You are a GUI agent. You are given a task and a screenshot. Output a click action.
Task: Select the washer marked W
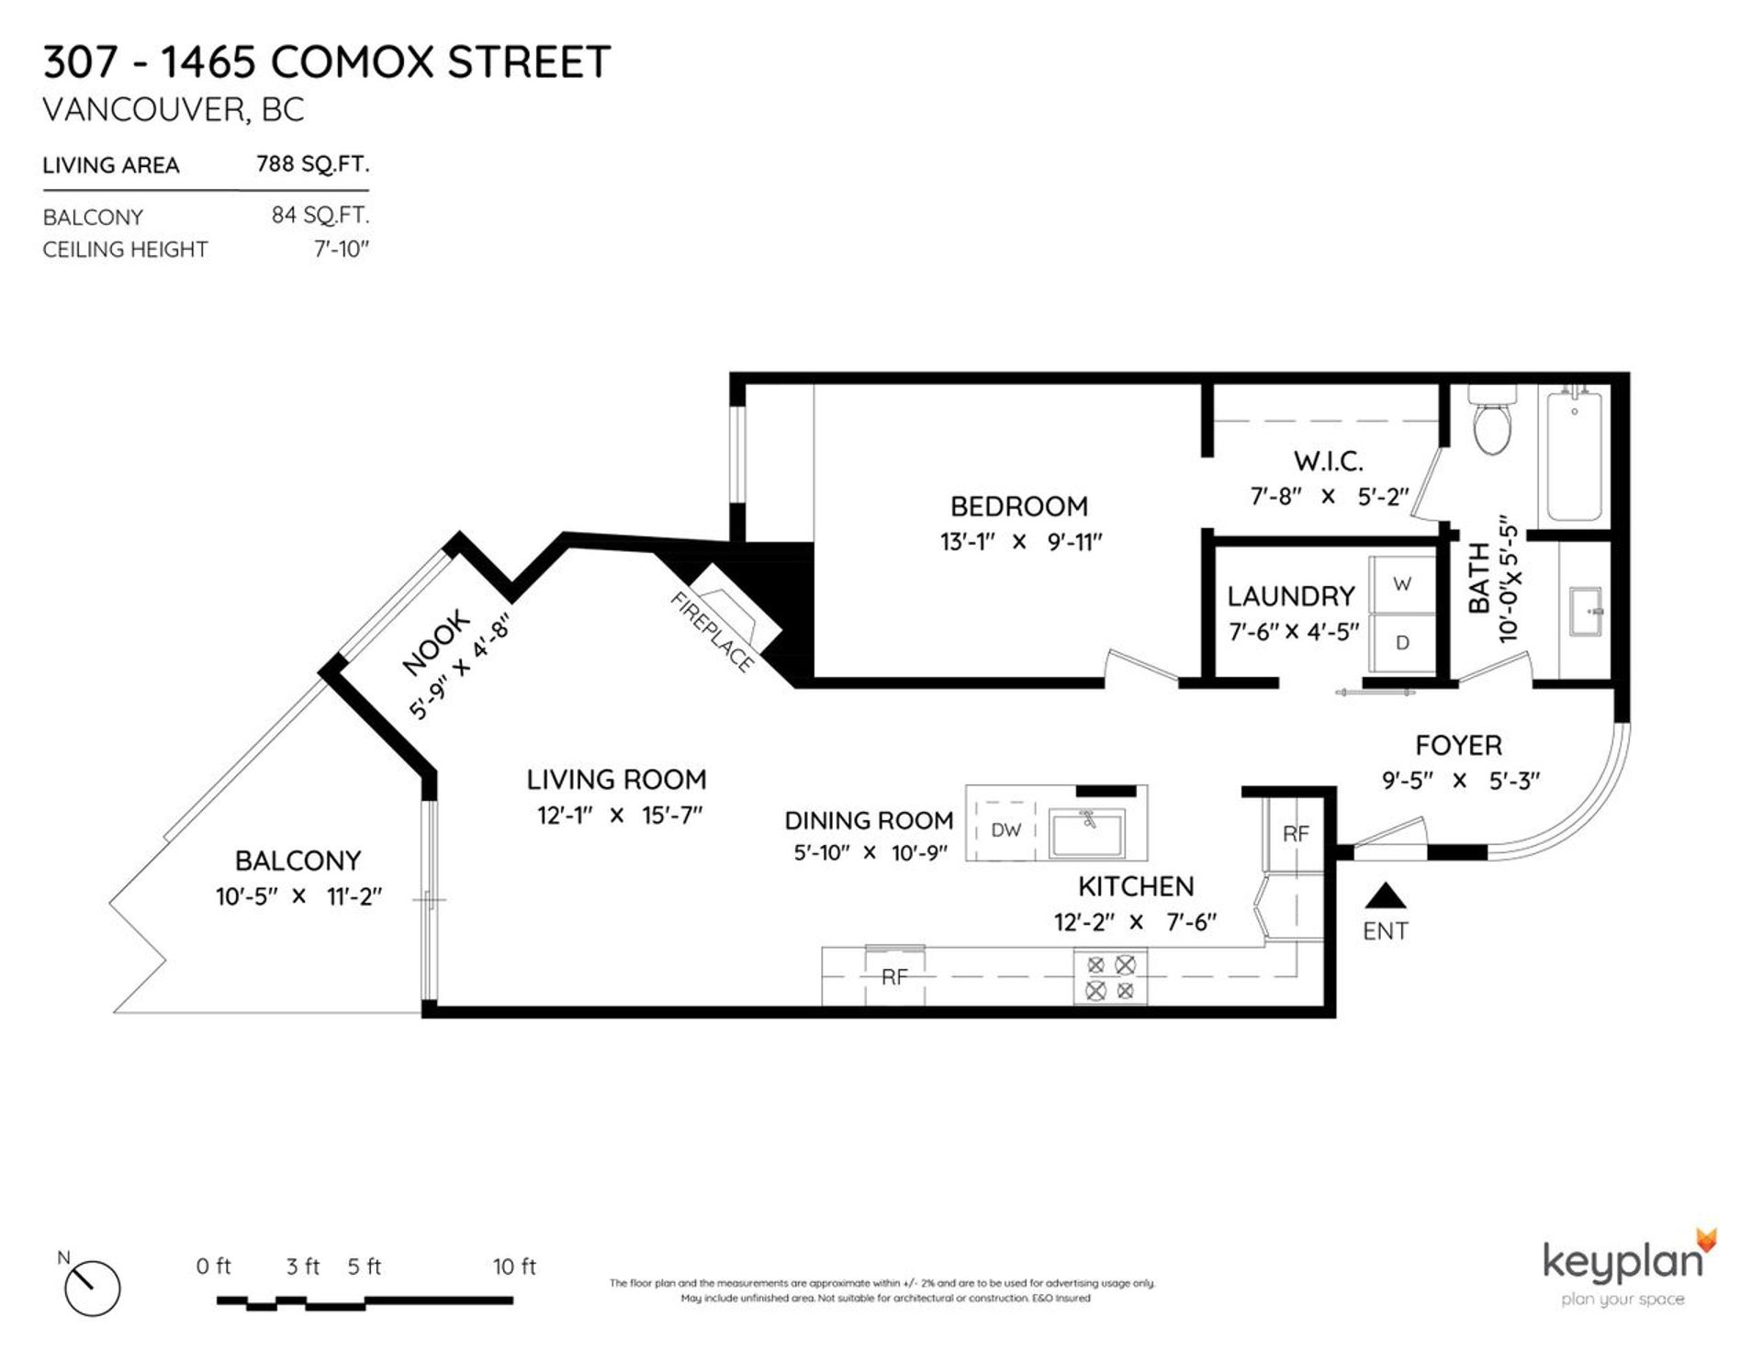pos(1402,584)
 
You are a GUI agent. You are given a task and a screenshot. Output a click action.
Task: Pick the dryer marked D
pos(1402,643)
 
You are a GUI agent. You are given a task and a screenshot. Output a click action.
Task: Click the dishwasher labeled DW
pos(1006,830)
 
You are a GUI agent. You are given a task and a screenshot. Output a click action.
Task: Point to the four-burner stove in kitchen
pos(1110,978)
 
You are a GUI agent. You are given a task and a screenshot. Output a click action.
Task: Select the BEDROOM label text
pos(1018,506)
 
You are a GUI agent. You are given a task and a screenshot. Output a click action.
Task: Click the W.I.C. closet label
pos(1328,461)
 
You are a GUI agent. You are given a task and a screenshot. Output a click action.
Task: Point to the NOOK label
pos(436,643)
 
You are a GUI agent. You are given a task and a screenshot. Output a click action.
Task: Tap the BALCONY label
pos(298,861)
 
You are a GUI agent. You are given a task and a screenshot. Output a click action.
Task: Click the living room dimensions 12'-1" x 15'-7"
pos(620,816)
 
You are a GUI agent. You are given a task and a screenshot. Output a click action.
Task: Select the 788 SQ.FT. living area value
pos(312,164)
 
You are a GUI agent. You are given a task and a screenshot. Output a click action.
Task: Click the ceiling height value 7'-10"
pos(341,249)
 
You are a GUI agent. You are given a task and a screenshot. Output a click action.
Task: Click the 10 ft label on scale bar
pos(514,1267)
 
